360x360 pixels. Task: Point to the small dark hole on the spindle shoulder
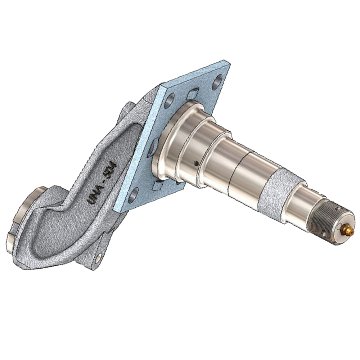coord(195,163)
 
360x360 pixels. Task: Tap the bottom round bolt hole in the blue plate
coord(134,194)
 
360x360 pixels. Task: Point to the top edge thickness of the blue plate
coord(194,76)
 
